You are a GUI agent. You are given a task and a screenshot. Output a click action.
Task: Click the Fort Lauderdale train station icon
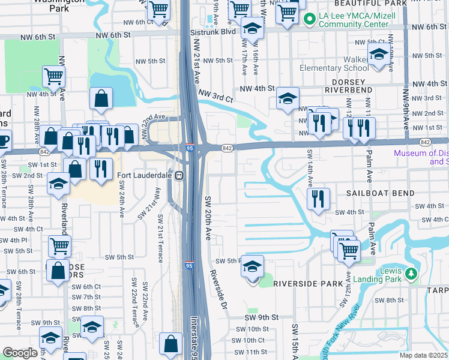(x=179, y=175)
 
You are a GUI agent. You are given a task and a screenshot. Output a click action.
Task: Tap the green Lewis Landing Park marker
(x=411, y=274)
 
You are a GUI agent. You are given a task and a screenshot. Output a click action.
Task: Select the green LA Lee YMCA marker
(x=310, y=20)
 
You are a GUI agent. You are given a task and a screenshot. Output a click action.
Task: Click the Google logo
(x=20, y=353)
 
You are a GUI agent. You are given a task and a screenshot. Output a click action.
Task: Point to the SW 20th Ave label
(x=208, y=215)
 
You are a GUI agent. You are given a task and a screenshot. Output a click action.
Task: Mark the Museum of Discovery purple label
(x=421, y=157)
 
